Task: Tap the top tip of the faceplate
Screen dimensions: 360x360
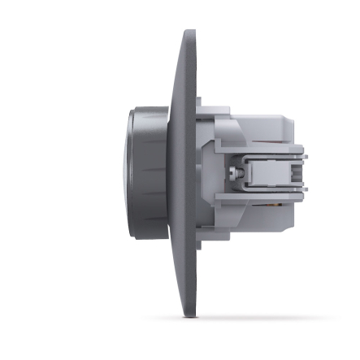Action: pos(190,33)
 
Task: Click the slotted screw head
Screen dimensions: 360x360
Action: pos(235,173)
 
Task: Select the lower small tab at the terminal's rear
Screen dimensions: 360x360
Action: pos(303,193)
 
